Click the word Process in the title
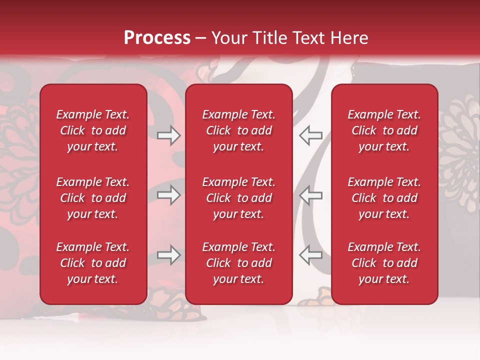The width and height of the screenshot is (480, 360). point(157,38)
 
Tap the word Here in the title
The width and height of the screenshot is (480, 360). point(348,38)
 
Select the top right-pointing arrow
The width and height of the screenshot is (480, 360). point(168,135)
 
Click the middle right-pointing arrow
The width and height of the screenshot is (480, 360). point(168,195)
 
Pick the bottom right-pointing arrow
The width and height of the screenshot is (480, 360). point(168,255)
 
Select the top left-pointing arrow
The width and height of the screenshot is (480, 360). point(311,135)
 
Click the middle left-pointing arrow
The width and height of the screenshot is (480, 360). point(311,195)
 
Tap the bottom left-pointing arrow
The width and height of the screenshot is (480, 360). point(311,255)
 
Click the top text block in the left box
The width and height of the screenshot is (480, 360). point(93,130)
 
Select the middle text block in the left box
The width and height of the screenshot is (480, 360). point(93,198)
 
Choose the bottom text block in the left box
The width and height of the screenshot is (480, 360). point(93,263)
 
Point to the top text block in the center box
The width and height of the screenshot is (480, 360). point(239,130)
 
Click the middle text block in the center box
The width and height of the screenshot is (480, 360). point(239,198)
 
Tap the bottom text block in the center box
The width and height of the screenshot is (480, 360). point(239,263)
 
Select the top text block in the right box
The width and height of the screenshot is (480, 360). point(384,130)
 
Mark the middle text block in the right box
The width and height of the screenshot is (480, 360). point(384,198)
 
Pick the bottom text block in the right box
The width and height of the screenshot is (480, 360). point(384,263)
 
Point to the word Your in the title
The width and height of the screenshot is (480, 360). point(227,38)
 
